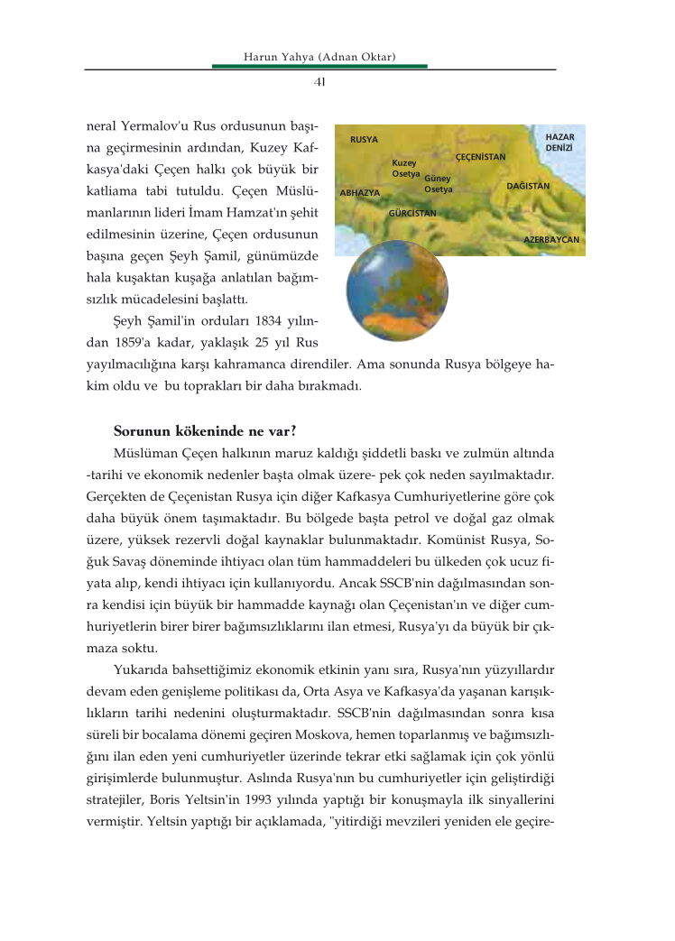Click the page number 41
coord(319,82)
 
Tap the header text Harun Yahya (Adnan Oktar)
coord(320,58)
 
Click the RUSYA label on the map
coord(364,140)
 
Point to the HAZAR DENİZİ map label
coord(559,142)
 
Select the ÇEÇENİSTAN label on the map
coord(480,157)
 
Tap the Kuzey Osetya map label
coord(405,168)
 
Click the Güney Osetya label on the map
coord(438,184)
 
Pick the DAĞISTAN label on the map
coord(528,186)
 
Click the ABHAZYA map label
coord(360,193)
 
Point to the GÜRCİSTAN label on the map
coord(411,213)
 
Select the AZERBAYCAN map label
coord(551,241)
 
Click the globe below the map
coord(397,290)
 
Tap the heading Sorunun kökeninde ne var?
coord(206,430)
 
